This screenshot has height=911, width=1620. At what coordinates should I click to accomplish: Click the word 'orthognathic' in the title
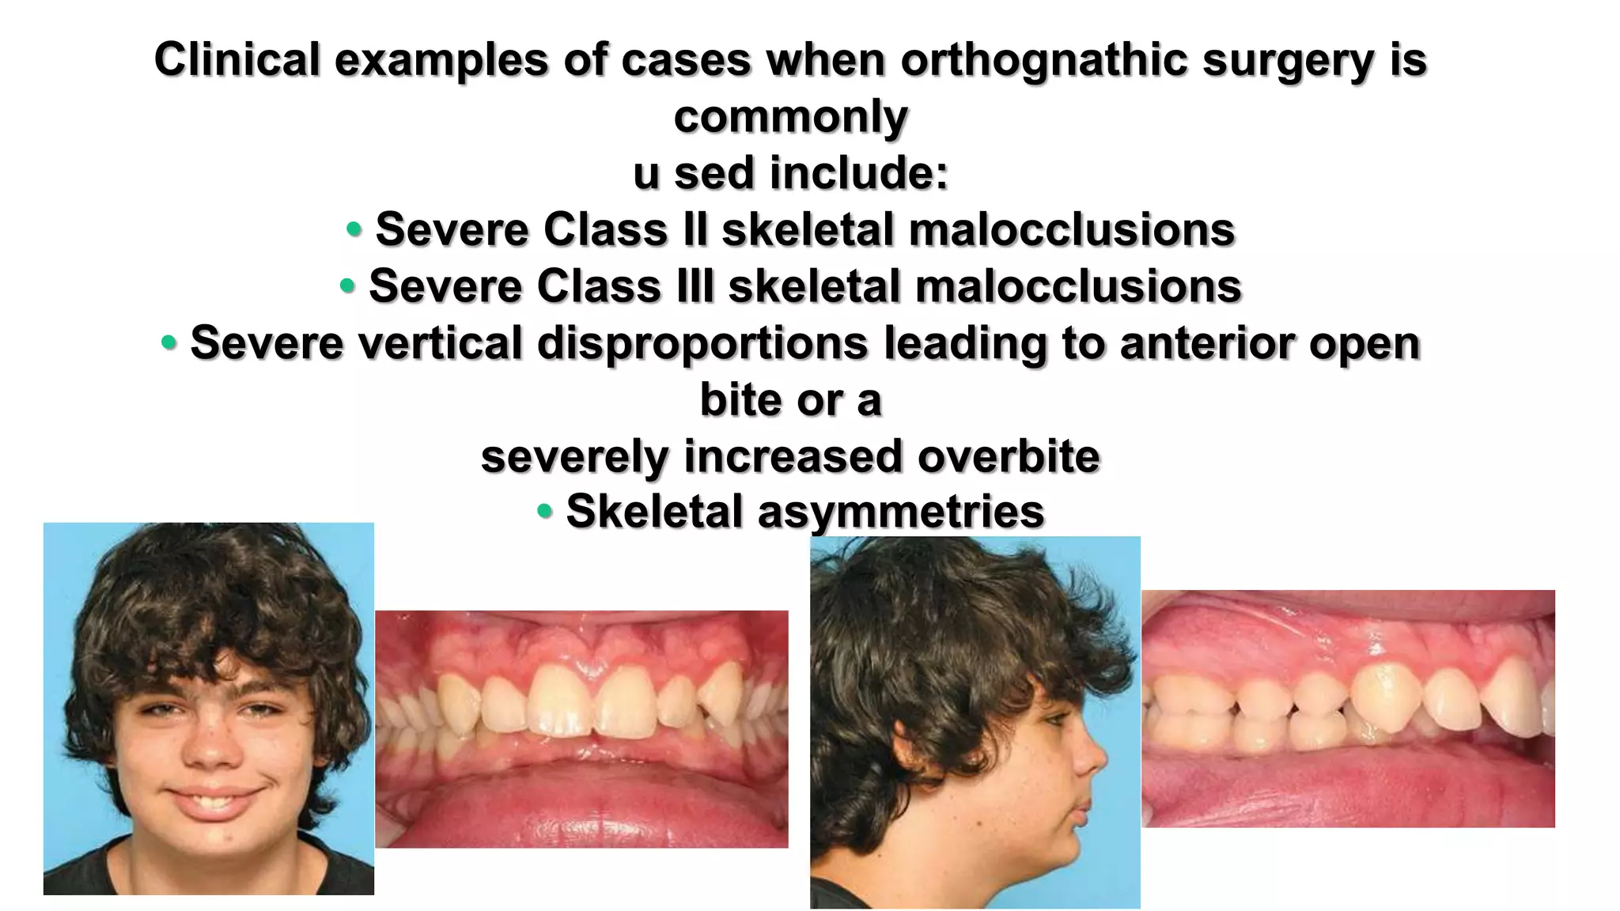[1044, 60]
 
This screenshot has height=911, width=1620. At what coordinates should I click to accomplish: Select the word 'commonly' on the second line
[790, 117]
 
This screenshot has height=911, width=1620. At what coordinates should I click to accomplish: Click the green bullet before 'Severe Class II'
[354, 229]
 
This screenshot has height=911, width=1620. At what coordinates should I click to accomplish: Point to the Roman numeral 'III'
[695, 285]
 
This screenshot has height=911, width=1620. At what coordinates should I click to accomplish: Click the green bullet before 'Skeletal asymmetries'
[544, 511]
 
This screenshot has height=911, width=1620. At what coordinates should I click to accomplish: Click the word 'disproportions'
[702, 343]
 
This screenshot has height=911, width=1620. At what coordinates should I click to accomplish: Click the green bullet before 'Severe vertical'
[168, 343]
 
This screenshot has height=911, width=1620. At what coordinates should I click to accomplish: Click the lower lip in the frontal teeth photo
[581, 799]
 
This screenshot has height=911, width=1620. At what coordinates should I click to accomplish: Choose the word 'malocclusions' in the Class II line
[1071, 229]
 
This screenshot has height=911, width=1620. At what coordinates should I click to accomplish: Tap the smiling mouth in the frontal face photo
[212, 799]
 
